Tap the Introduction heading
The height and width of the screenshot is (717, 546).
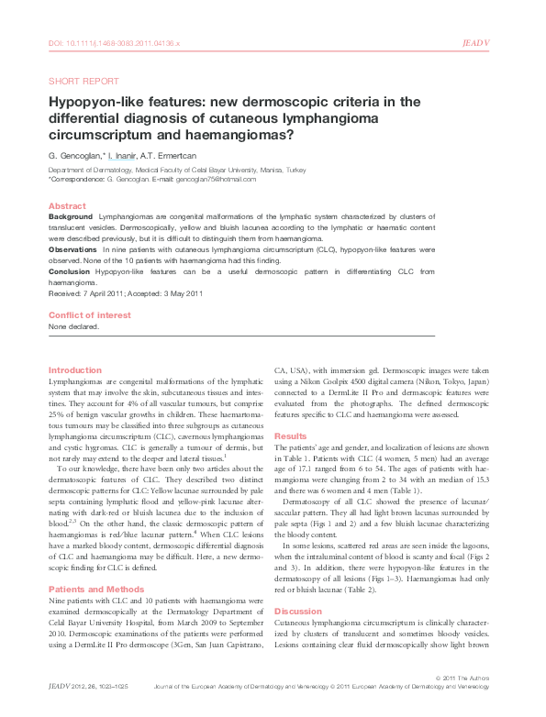pyautogui.click(x=74, y=370)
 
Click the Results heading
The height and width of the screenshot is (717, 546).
pyautogui.click(x=291, y=436)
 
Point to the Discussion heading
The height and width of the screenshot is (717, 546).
pyautogui.click(x=299, y=610)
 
